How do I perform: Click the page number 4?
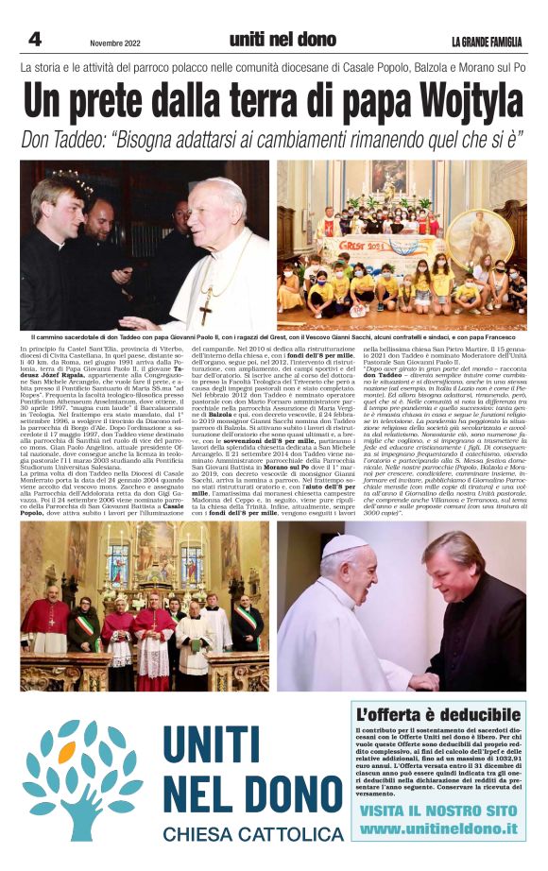[x=34, y=40]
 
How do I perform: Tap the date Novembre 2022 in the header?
[x=117, y=43]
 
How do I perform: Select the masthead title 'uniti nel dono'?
[x=283, y=40]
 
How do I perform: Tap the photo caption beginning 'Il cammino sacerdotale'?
[x=274, y=336]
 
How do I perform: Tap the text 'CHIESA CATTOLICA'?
[x=252, y=834]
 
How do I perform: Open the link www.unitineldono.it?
[x=438, y=828]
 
